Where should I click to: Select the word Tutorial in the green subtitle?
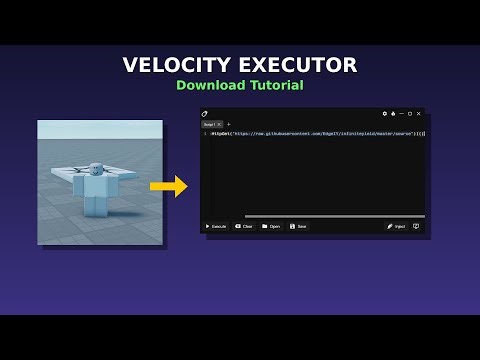(278, 86)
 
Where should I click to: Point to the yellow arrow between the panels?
(169, 186)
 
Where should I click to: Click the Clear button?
(245, 226)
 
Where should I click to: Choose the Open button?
(271, 226)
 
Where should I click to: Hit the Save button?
(298, 226)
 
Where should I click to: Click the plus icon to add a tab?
(228, 124)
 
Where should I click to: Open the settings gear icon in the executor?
(384, 114)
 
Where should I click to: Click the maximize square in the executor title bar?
(409, 114)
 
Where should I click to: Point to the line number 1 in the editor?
(205, 133)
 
